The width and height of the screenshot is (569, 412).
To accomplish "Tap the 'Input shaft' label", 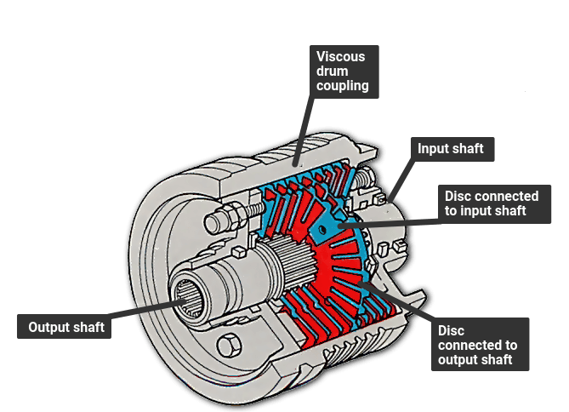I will pos(450,149).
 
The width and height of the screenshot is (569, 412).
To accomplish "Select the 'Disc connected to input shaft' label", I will pos(492,203).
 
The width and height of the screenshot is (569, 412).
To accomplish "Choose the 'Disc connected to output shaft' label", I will pos(477,345).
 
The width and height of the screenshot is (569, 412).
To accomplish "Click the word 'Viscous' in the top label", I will pos(341,57).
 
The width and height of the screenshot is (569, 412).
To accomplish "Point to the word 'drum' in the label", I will pos(332,72).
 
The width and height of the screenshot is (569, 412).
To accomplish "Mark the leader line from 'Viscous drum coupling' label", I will pos(304,128).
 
